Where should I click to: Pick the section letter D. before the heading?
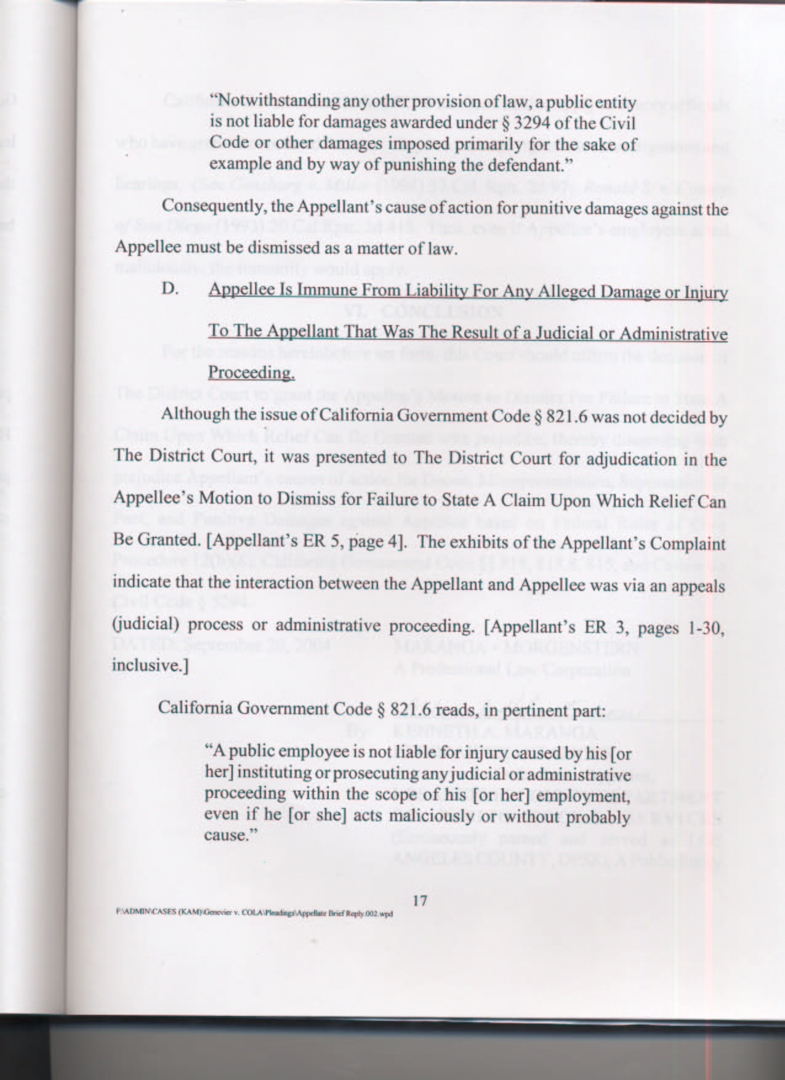coord(171,289)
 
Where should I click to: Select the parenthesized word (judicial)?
coord(145,626)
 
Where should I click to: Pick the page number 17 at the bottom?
coord(420,900)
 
